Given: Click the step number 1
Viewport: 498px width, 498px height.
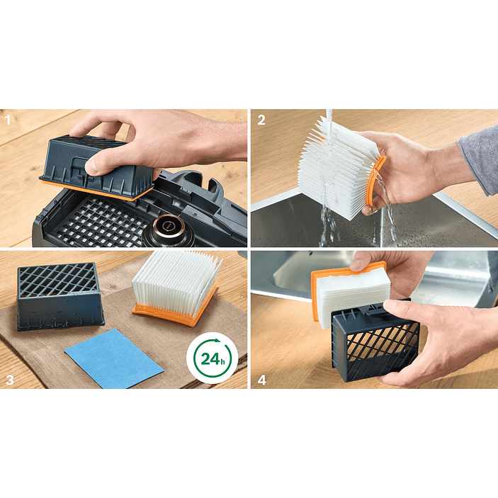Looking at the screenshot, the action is pos(7,120).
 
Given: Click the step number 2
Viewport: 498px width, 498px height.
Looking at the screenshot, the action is pos(261,120).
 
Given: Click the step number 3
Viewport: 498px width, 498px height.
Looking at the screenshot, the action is pos(9,380).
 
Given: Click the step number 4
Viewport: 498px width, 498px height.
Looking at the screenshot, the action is pos(261,380).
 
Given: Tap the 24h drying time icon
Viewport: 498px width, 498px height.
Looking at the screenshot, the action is pos(212,358).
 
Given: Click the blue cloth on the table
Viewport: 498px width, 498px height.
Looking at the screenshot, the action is pos(114,358).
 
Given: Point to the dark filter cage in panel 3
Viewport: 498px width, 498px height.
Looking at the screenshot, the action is pos(60,296).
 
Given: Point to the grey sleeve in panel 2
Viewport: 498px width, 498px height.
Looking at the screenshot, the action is pos(480,159).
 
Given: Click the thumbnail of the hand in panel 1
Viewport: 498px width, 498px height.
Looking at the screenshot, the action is pos(91,166).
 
